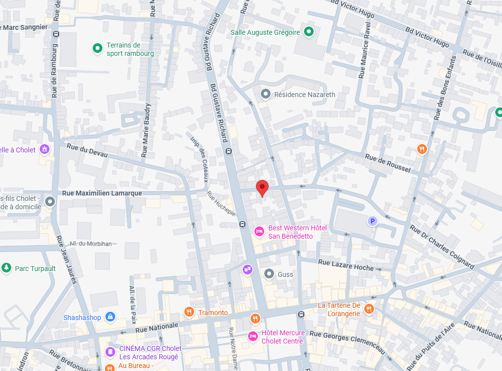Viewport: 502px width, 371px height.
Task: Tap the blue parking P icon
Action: click(373, 222)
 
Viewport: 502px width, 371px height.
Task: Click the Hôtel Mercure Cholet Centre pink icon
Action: click(253, 336)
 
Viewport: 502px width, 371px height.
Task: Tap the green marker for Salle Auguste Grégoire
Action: click(309, 32)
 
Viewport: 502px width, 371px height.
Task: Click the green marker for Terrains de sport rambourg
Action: click(97, 48)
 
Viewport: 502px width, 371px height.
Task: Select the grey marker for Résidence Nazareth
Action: click(266, 94)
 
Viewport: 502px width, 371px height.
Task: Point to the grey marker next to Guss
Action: click(269, 274)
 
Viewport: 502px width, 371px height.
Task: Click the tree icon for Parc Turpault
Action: click(6, 268)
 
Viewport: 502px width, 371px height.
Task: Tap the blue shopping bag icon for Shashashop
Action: click(110, 317)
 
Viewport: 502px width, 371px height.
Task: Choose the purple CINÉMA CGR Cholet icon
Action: click(110, 352)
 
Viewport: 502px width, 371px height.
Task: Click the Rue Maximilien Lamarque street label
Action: click(102, 194)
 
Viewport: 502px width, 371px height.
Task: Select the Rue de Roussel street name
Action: click(388, 163)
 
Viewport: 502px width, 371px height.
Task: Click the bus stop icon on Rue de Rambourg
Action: click(56, 34)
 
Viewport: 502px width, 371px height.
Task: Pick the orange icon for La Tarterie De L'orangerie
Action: click(369, 309)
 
